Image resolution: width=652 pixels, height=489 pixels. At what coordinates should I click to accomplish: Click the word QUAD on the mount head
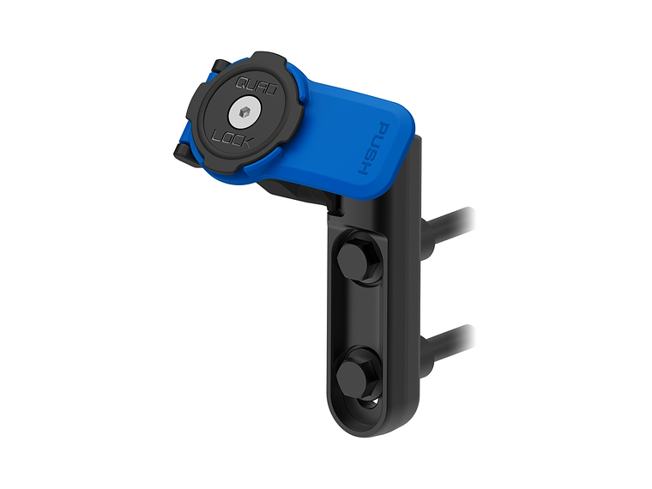pyautogui.click(x=257, y=86)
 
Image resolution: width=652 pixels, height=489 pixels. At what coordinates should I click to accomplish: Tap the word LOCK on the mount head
pyautogui.click(x=231, y=138)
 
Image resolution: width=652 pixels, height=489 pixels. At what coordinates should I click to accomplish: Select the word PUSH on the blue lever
pyautogui.click(x=373, y=149)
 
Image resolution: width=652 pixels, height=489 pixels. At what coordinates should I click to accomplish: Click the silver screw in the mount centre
pyautogui.click(x=245, y=112)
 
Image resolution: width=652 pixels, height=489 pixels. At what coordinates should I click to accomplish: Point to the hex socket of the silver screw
pyautogui.click(x=244, y=112)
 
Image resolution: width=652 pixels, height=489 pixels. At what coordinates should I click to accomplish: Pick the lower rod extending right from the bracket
pyautogui.click(x=450, y=344)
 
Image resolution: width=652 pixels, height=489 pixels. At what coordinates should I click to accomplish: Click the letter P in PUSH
pyautogui.click(x=382, y=130)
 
